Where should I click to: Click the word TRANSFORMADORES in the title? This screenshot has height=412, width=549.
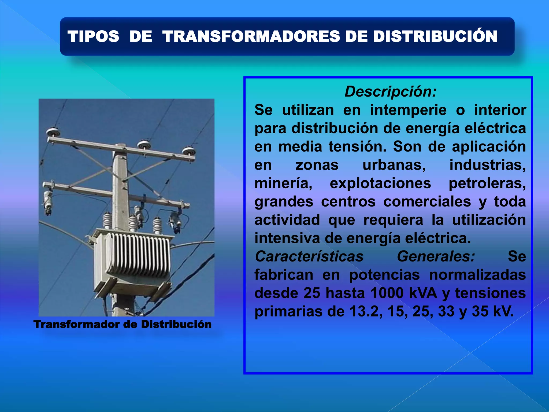click(x=251, y=36)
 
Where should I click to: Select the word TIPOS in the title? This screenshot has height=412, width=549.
click(x=93, y=36)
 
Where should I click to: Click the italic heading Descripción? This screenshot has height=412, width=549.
click(x=391, y=91)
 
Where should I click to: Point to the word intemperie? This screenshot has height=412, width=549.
click(x=408, y=110)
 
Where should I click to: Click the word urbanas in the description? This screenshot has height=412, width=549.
click(x=394, y=165)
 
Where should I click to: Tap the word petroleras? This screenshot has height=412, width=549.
click(x=487, y=183)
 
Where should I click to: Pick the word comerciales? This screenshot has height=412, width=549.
click(x=427, y=202)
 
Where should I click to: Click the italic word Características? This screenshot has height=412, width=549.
click(x=309, y=256)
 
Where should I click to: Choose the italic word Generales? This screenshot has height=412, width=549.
click(x=436, y=256)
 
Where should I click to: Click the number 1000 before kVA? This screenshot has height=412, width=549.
click(x=387, y=293)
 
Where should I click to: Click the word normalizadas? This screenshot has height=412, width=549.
click(x=477, y=275)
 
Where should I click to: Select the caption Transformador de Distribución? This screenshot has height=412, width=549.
click(x=123, y=324)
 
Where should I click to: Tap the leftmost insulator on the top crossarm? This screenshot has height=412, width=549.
click(x=52, y=132)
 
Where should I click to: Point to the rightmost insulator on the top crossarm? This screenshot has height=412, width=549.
click(x=189, y=151)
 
